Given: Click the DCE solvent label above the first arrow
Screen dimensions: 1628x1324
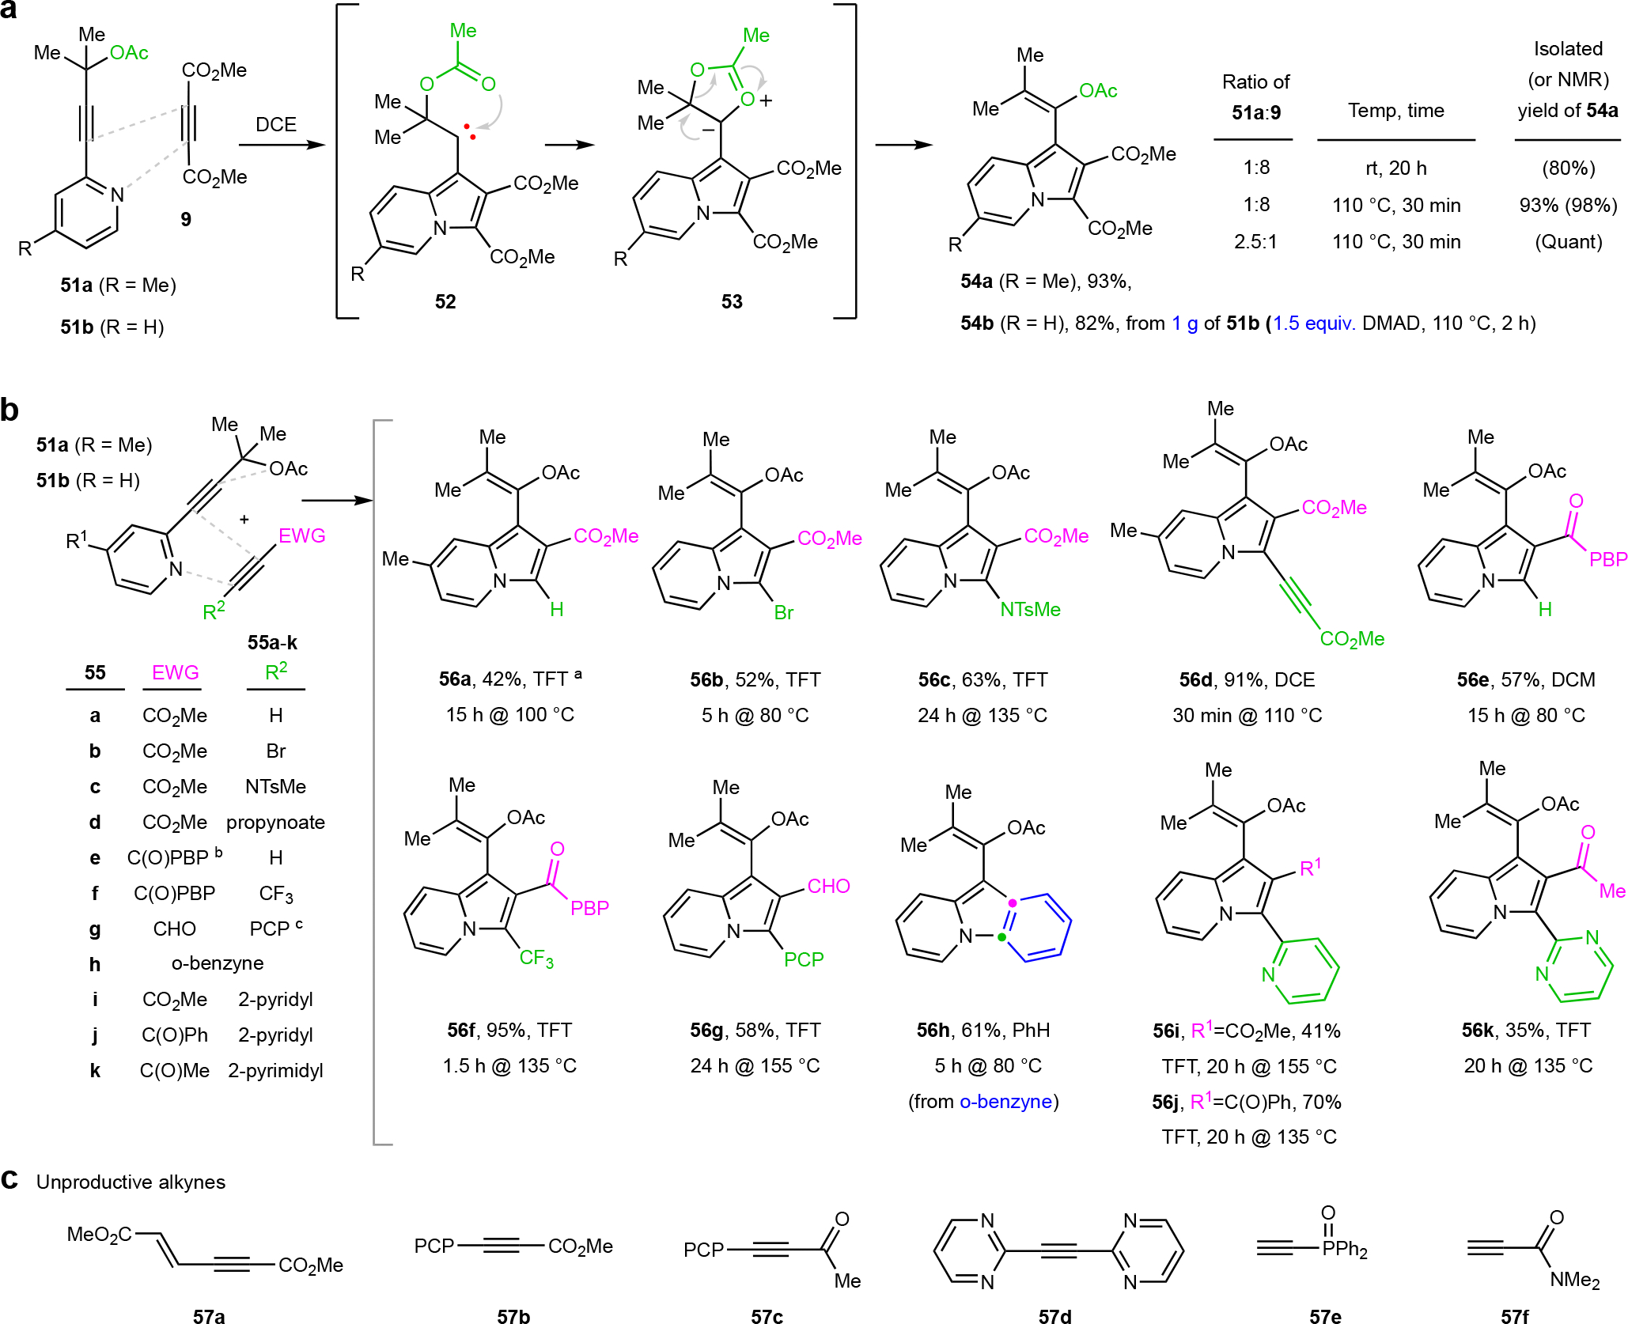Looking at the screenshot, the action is point(276,125).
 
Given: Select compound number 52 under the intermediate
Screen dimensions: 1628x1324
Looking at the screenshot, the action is point(445,301).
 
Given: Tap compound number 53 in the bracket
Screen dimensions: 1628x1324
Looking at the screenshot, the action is point(732,301).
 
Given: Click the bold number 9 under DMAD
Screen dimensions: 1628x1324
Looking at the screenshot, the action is point(186,219).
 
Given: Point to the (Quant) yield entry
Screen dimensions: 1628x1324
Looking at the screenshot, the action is point(1569,242).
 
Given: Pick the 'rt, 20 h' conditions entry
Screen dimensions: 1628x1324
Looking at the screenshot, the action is point(1396,168).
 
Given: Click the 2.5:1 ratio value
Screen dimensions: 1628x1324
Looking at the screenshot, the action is point(1255,242).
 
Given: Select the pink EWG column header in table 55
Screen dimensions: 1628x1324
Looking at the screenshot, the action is point(175,673).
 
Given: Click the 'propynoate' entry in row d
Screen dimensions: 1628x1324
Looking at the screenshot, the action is point(275,823).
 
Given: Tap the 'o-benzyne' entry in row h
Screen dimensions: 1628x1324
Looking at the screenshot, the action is point(218,963).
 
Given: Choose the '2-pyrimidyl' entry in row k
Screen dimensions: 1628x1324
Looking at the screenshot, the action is point(275,1071).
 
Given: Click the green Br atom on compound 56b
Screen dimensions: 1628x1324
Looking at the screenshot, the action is point(783,613).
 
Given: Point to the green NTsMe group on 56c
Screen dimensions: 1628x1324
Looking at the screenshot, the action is point(1030,610).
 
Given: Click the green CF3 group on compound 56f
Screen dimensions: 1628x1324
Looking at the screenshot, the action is point(536,959).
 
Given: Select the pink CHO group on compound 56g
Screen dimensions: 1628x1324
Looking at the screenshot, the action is point(828,887).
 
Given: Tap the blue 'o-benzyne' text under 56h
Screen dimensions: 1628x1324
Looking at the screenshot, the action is point(1005,1102).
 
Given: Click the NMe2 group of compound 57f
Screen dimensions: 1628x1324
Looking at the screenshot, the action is point(1574,1280).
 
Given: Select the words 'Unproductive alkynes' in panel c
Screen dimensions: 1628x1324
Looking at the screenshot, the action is point(131,1182).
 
